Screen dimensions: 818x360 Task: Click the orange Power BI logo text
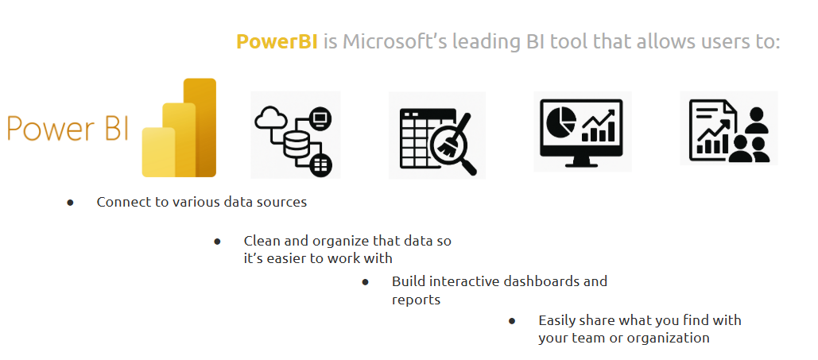click(68, 129)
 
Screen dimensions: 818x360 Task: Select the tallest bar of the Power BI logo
click(200, 127)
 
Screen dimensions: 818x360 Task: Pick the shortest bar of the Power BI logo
click(159, 152)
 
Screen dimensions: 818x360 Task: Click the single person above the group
click(755, 119)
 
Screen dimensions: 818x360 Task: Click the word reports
click(416, 300)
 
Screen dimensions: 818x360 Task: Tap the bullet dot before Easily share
click(512, 321)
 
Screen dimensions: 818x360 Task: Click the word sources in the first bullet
click(285, 202)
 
